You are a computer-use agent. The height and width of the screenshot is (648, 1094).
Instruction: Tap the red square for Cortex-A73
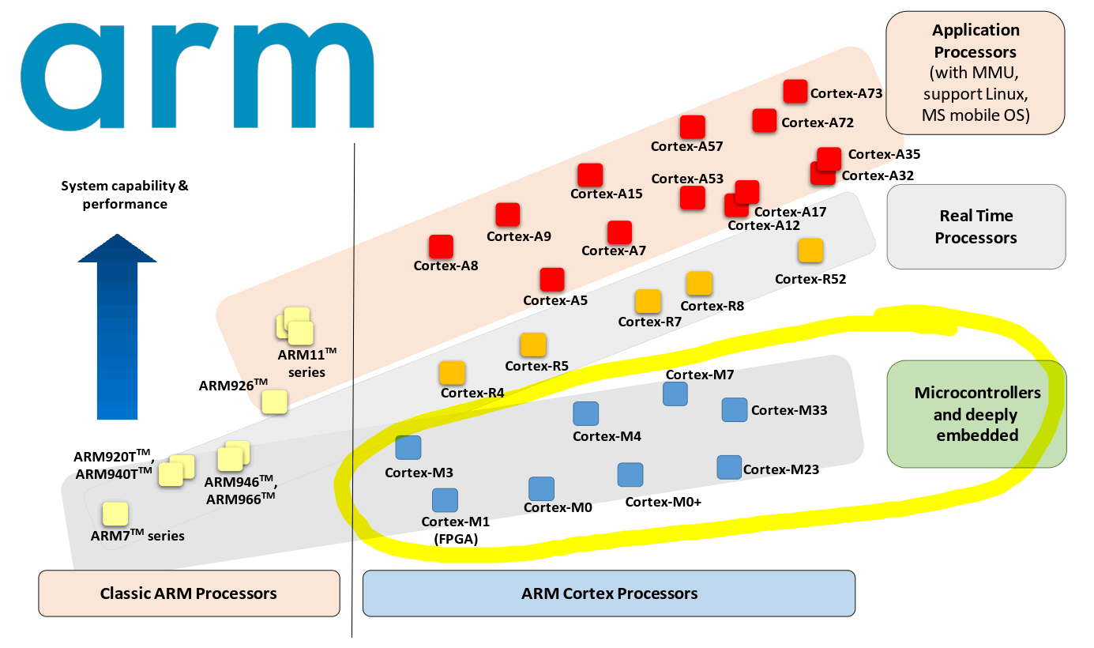click(795, 92)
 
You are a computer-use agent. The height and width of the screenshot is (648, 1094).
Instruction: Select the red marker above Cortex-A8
click(441, 247)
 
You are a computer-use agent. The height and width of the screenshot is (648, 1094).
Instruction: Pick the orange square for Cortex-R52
click(810, 251)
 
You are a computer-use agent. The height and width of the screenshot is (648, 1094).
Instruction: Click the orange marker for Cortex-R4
click(452, 373)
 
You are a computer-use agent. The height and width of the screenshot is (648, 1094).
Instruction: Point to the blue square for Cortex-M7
click(675, 394)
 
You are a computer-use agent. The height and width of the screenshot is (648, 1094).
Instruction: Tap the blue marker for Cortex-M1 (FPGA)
click(445, 500)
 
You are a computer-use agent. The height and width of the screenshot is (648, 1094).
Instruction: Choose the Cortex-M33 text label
click(788, 410)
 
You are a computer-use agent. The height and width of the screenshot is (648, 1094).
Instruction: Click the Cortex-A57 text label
click(686, 146)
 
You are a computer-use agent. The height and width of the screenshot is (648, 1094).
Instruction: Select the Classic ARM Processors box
click(189, 593)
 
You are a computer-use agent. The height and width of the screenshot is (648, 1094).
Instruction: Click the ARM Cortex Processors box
click(609, 593)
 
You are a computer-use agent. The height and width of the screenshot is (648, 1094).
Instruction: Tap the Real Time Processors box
click(976, 227)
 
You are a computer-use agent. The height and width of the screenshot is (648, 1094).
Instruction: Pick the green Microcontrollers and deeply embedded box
click(976, 414)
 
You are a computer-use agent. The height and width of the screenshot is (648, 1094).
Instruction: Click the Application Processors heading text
click(976, 41)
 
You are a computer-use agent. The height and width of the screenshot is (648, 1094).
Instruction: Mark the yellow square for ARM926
click(274, 401)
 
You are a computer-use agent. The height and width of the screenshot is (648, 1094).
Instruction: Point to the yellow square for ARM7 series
click(115, 514)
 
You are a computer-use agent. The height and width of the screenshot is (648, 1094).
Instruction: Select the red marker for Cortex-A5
click(552, 280)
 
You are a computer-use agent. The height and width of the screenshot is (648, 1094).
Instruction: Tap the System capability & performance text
click(125, 195)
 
